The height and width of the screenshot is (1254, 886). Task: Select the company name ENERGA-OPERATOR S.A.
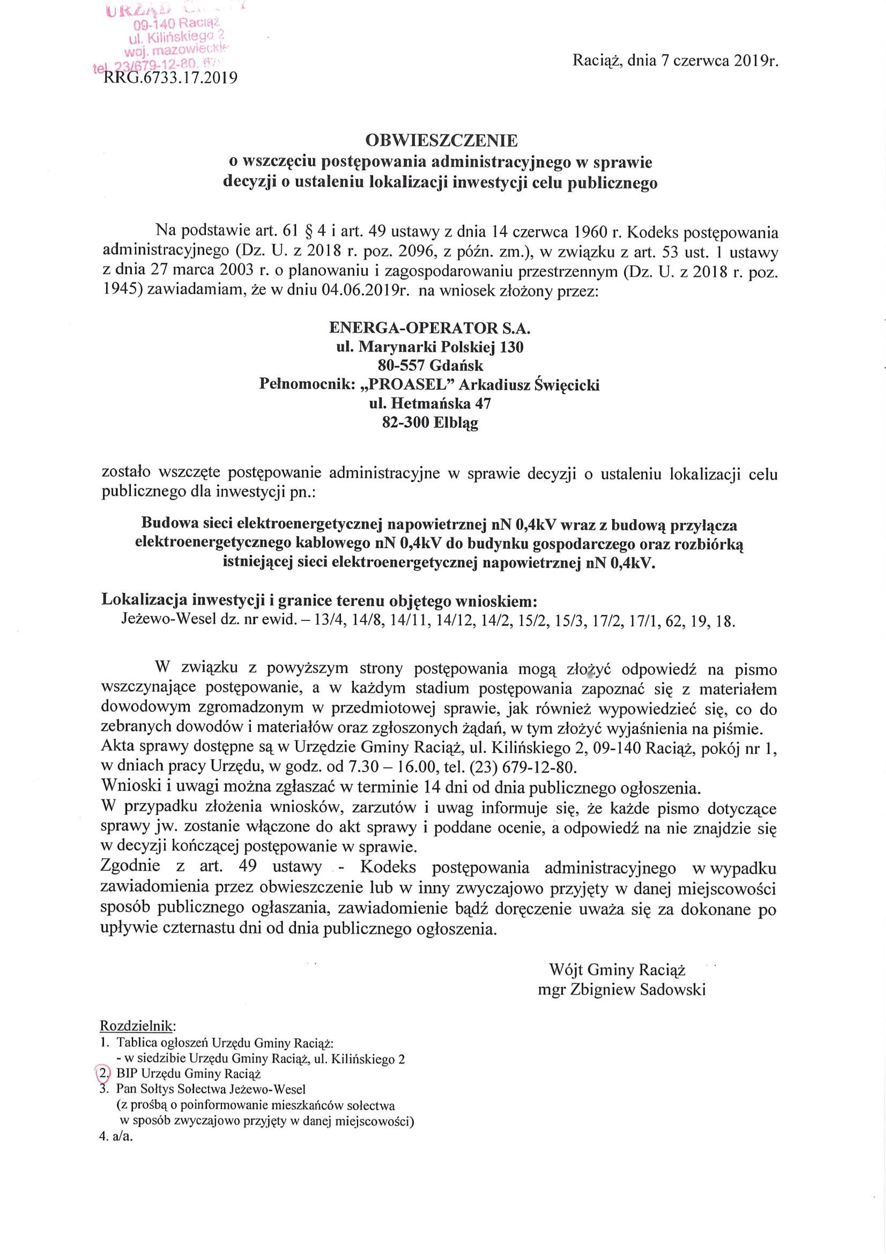coord(430,328)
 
